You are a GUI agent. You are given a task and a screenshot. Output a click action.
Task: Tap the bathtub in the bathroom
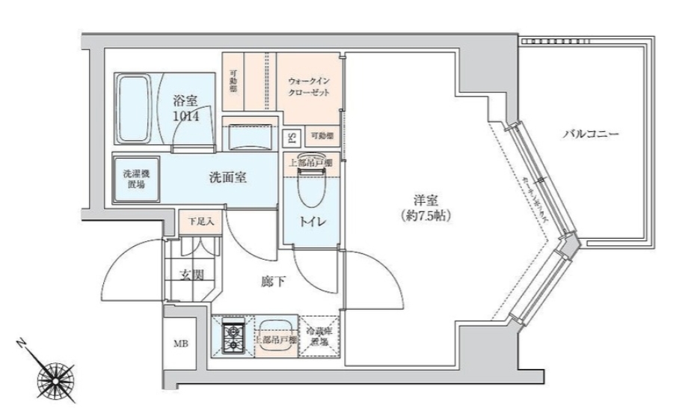(135, 109)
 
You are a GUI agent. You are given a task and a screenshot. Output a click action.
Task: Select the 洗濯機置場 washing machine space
(135, 179)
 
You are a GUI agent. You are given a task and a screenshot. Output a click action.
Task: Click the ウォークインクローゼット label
(310, 88)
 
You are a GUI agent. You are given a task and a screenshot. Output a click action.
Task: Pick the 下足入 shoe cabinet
(199, 222)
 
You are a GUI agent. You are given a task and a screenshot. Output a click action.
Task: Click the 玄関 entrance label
(191, 275)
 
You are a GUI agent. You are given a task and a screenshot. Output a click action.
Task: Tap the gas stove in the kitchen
(233, 335)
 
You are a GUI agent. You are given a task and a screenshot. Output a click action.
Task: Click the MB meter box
(181, 344)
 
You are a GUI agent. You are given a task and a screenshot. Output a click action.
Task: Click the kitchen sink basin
(276, 327)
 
